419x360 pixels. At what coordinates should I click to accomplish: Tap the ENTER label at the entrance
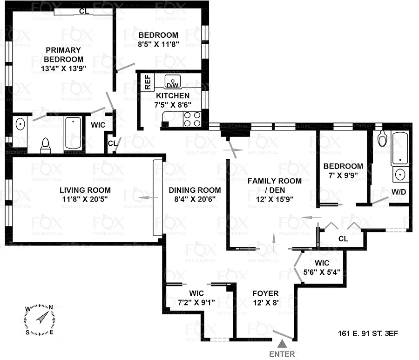coord(282,354)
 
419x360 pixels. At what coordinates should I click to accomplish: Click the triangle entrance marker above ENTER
coord(282,344)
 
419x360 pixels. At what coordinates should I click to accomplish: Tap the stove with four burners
coord(192,119)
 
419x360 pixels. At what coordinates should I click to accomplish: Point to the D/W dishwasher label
coord(173,85)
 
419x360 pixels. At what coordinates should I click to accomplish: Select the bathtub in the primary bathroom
coord(74,134)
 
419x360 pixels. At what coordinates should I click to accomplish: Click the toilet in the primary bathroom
coord(46,145)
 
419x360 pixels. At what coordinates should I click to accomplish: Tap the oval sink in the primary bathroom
coord(20,125)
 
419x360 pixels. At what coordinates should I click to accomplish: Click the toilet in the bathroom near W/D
coord(382,138)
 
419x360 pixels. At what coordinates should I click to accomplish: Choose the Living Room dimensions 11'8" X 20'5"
coord(85,199)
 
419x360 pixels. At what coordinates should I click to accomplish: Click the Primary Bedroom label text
coord(63,54)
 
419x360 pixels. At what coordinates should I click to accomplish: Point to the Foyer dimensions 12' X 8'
coord(265,303)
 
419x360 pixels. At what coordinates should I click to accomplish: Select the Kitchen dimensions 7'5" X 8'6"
coord(173,105)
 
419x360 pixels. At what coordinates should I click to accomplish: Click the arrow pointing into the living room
coord(145,198)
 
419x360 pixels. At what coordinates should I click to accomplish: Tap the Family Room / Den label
coord(274,185)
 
